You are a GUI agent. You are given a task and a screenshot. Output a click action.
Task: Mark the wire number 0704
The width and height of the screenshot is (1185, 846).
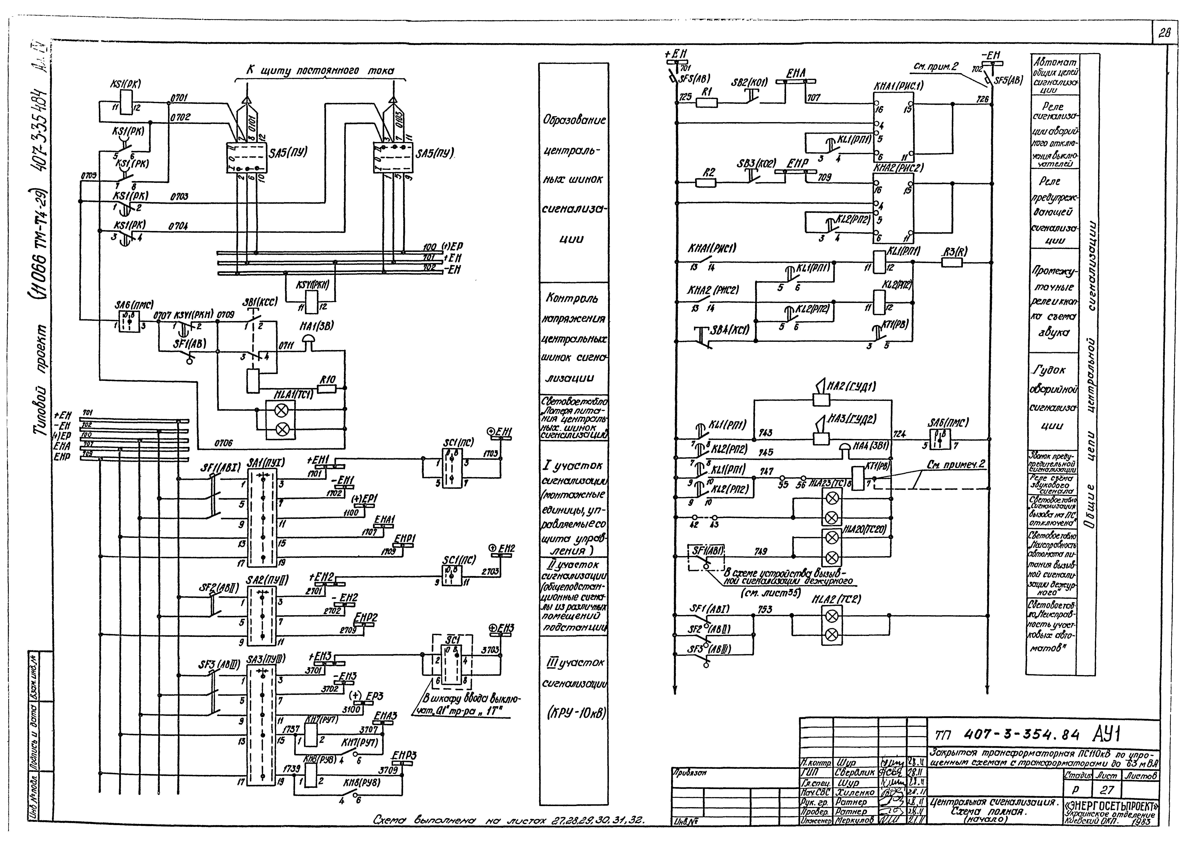click(178, 227)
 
